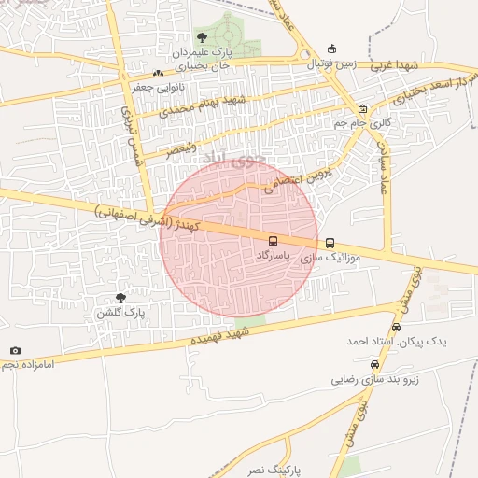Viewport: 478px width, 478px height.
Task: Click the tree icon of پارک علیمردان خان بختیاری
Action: [202, 38]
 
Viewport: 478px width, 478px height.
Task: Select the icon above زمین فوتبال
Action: [331, 49]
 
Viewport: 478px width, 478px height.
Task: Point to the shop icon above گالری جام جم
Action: [362, 108]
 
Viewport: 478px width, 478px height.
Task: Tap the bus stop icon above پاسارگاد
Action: [273, 240]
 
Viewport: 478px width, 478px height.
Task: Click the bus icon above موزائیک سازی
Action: [330, 243]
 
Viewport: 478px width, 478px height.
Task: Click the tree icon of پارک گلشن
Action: [120, 297]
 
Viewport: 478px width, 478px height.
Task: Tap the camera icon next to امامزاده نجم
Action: [15, 350]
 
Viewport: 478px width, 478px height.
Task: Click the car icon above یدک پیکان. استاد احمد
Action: [397, 328]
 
